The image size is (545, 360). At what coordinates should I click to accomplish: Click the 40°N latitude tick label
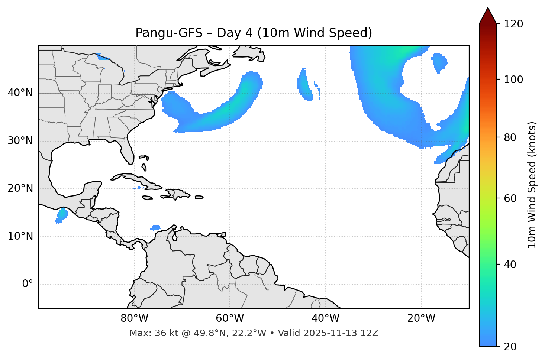tap(20, 93)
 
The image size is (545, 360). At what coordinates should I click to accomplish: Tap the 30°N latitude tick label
tap(20, 141)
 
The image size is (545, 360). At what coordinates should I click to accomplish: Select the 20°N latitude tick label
tap(20, 188)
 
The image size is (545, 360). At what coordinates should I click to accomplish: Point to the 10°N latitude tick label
tap(20, 236)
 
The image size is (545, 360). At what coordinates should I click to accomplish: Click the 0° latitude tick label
tap(27, 284)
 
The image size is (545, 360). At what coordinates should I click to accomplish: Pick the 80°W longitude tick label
tap(134, 318)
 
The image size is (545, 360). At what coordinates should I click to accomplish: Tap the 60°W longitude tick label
tap(230, 318)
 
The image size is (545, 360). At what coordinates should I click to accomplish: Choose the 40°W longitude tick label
tap(325, 318)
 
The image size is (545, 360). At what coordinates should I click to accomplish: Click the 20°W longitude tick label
tap(421, 318)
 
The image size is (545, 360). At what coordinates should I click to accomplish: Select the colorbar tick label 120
tap(513, 24)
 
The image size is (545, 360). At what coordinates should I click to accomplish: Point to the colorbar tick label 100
tap(513, 80)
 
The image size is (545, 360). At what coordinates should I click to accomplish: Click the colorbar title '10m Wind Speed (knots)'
tap(532, 185)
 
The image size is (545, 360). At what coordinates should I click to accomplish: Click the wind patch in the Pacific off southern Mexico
tap(62, 215)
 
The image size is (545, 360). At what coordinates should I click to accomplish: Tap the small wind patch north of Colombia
tap(155, 227)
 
